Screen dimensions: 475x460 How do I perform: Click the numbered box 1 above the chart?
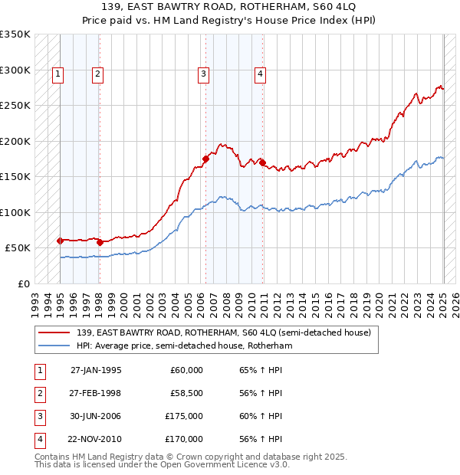point(59,74)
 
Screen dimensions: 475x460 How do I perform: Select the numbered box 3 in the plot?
point(203,74)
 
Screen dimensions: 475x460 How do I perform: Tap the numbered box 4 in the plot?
point(261,74)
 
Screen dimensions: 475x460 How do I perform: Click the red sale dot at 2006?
point(205,159)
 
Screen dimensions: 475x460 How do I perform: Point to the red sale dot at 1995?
point(60,241)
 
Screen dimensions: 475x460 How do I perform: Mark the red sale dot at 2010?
point(262,162)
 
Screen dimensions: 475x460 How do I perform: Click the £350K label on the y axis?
point(15,34)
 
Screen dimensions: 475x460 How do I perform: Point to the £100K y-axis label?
point(15,212)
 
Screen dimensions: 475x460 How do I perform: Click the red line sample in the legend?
point(54,333)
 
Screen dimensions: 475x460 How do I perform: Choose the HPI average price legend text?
point(184,346)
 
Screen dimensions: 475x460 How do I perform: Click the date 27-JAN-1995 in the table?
point(96,370)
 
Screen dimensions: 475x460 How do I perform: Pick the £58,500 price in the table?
point(186,393)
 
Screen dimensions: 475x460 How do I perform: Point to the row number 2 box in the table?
point(38,393)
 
